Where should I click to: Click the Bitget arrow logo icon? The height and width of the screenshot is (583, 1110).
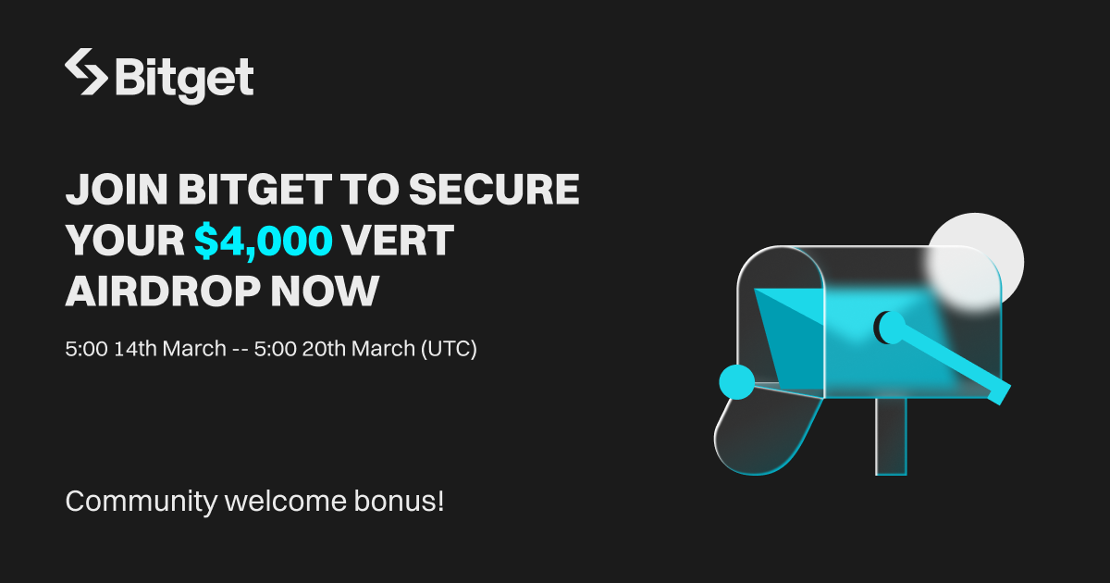point(86,72)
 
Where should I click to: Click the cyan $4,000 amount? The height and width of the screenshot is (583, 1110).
point(264,241)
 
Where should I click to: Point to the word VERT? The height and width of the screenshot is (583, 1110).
point(398,241)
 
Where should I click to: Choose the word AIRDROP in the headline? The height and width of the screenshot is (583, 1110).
point(158,291)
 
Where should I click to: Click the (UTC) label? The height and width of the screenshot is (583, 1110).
point(449,349)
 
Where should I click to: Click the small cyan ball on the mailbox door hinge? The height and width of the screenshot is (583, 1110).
point(737,381)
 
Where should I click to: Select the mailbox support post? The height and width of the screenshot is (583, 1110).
point(892,436)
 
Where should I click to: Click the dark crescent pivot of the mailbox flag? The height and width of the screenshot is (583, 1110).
point(888,326)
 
